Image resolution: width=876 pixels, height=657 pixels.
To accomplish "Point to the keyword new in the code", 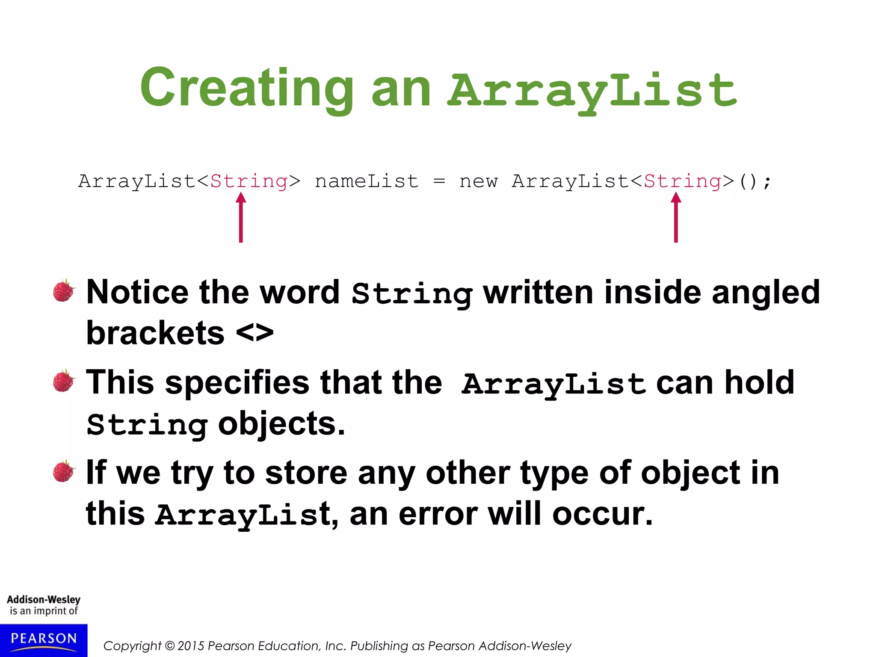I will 478,181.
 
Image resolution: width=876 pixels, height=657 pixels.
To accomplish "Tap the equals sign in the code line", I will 439,181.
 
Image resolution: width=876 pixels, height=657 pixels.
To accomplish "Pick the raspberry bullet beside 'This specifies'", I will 64,381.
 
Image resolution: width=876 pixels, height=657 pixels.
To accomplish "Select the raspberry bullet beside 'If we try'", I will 64,471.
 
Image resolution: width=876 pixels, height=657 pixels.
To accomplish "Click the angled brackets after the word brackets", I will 255,333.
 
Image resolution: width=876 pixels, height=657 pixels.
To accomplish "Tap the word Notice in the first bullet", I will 137,292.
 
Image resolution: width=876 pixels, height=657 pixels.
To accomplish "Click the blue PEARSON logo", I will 44,640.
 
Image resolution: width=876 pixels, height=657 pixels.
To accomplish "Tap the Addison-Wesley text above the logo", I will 44,599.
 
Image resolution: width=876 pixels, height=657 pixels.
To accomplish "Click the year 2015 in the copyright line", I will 191,646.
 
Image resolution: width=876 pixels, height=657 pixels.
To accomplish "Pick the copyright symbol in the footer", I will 169,646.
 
